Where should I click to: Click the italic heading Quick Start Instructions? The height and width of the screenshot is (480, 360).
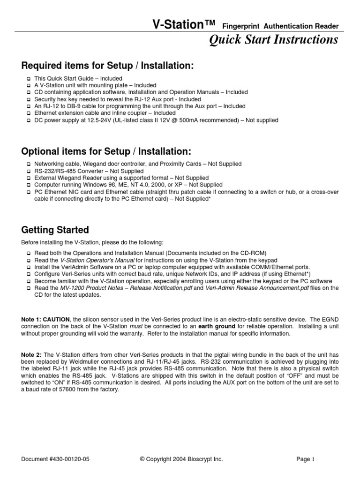coord(273,40)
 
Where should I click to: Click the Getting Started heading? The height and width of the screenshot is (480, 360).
coord(55,230)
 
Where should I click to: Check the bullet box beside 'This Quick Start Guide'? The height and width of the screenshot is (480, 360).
coord(29,78)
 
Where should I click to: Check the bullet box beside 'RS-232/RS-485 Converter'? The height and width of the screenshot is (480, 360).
coord(29,171)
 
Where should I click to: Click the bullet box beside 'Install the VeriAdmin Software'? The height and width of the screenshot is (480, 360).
coord(29,267)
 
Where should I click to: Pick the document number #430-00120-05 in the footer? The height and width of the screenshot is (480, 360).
coord(55,460)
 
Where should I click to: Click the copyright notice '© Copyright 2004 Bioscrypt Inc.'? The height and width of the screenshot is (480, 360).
coord(180,460)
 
